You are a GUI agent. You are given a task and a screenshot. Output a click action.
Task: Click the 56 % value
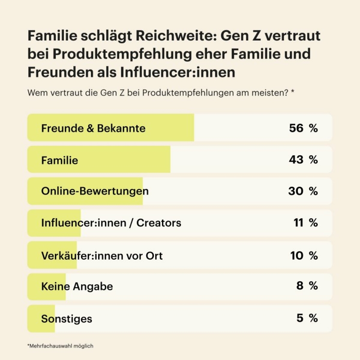[x=303, y=128]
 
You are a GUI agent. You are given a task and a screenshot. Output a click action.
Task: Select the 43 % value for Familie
[x=303, y=159]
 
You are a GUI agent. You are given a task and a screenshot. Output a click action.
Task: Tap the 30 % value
[x=303, y=191]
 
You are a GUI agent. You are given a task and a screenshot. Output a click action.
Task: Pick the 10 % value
[x=304, y=256]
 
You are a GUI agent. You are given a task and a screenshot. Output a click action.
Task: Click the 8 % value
[x=307, y=286]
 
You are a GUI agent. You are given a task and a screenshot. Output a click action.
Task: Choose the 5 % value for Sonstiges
[x=307, y=318]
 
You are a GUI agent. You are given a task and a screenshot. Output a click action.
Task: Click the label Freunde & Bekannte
[x=93, y=128]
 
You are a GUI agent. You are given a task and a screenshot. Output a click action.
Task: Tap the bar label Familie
[x=60, y=160]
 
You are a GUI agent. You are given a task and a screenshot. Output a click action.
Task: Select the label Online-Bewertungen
[x=95, y=191]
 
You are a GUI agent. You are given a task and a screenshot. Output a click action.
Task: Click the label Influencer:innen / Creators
[x=111, y=223]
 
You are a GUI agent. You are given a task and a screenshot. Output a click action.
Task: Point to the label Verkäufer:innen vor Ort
[x=102, y=256]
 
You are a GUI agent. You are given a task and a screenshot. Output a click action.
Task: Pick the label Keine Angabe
[x=77, y=286]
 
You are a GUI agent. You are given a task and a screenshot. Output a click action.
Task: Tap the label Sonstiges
[x=66, y=318]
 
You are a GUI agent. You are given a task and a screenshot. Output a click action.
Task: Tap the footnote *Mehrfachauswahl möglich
[x=60, y=346]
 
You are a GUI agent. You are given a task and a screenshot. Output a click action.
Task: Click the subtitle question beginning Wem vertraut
[x=160, y=93]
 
